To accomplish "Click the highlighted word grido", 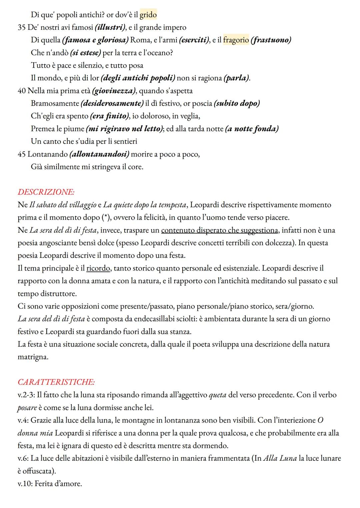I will tap(148, 15).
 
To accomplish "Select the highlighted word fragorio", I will tap(236, 40).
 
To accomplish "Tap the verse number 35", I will tap(22, 27).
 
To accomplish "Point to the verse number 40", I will tap(22, 91).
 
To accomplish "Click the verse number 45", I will tap(22, 154).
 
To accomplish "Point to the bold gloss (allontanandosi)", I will tap(99, 154).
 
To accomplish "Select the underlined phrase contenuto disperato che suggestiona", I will tap(219, 230).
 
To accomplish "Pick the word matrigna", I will tap(33, 357).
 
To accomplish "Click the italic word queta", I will tap(217, 395).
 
